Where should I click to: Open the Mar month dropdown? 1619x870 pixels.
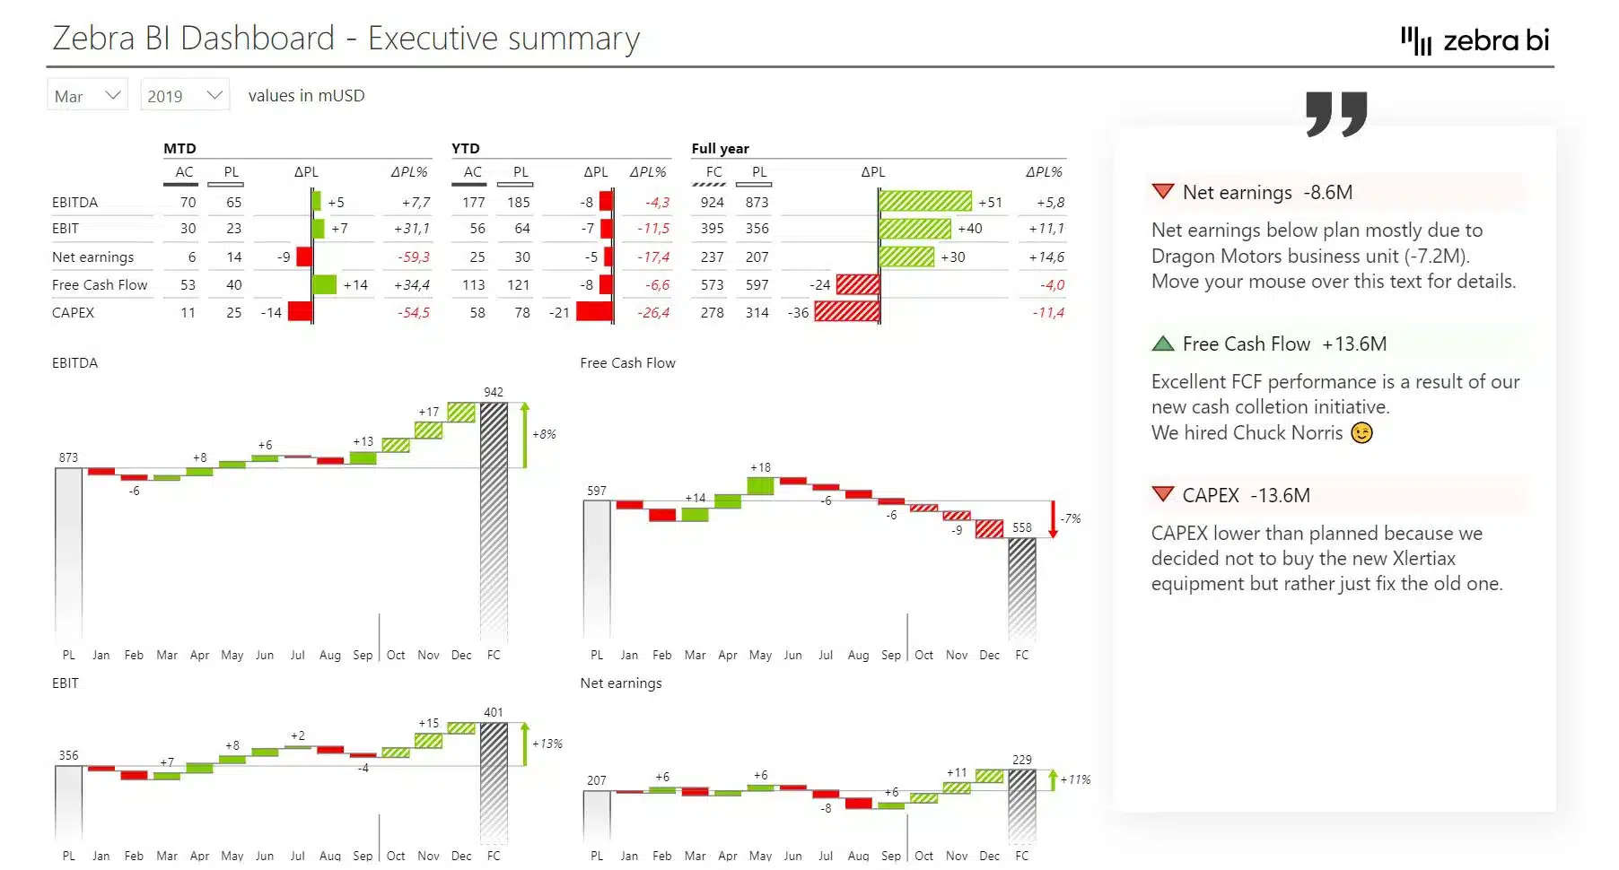[x=87, y=95]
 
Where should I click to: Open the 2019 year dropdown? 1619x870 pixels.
[x=184, y=95]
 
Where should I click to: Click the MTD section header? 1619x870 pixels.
[x=179, y=148]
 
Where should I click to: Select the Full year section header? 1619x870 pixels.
[x=720, y=148]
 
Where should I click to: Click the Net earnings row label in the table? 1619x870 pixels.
[x=92, y=257]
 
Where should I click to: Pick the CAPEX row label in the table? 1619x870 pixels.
[x=73, y=312]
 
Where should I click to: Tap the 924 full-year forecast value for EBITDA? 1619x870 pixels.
[x=712, y=203]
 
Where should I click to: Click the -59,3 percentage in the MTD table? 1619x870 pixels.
[x=414, y=257]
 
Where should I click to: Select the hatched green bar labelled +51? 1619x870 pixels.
[x=924, y=201]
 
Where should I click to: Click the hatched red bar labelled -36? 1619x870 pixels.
[x=846, y=311]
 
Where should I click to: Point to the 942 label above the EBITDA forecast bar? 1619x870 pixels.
[x=494, y=392]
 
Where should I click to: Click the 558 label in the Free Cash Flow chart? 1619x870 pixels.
[x=1021, y=527]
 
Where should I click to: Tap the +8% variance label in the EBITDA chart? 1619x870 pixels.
[x=544, y=434]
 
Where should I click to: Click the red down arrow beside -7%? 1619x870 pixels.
[x=1053, y=520]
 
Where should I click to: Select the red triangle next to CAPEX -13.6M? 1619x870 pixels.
[x=1162, y=494]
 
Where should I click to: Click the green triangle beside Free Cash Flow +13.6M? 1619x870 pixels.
[x=1162, y=344]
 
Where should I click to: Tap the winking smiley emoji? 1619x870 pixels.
[x=1361, y=433]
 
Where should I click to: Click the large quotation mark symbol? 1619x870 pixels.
[x=1336, y=113]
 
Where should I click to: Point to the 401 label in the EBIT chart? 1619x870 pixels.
[x=494, y=712]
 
